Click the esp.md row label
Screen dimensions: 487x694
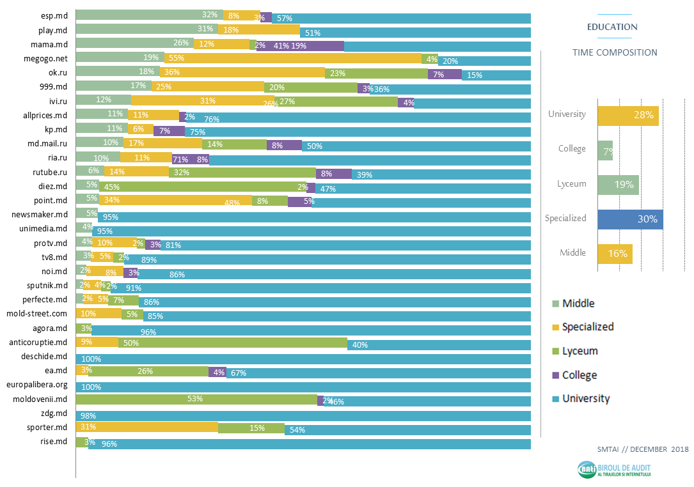54,15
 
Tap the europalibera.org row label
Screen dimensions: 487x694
36,385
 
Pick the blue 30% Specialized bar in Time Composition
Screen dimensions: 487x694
629,219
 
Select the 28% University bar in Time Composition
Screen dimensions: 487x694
627,116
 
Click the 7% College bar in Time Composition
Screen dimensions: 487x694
605,150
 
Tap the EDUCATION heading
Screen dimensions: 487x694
612,27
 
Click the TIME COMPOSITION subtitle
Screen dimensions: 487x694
615,52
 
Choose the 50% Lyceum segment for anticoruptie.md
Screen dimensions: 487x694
233,343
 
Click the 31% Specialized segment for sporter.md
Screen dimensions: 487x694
147,428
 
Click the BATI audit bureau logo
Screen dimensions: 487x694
613,470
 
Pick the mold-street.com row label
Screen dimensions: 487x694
36,314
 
